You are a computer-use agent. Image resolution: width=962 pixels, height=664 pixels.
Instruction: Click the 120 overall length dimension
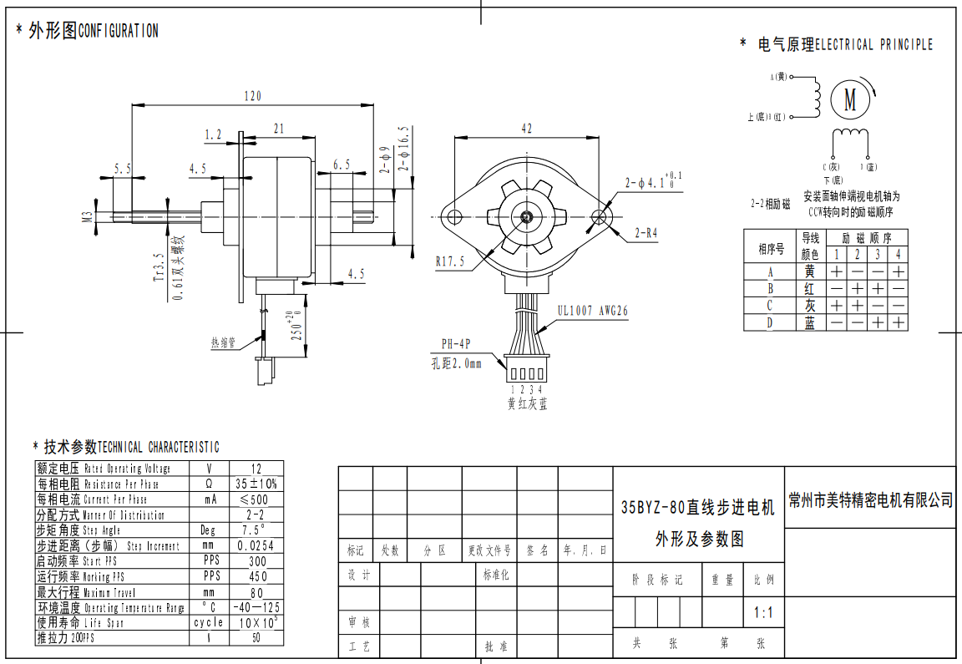tap(252, 96)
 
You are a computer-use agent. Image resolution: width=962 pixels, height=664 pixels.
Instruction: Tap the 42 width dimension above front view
tap(526, 129)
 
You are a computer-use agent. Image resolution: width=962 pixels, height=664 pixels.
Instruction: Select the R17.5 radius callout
tap(449, 261)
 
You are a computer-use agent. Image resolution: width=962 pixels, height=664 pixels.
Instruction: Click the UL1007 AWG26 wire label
tap(593, 311)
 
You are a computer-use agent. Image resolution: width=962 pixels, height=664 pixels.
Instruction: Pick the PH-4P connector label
tap(457, 344)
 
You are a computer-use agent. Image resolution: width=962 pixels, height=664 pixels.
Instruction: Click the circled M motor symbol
tap(850, 99)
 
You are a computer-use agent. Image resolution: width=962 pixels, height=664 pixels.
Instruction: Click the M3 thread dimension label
tap(87, 217)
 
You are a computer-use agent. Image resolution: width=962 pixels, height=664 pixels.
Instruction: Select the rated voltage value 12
tap(256, 469)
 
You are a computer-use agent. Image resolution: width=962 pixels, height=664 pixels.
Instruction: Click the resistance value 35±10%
tap(256, 484)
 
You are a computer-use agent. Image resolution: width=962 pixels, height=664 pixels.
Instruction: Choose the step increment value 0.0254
tap(256, 545)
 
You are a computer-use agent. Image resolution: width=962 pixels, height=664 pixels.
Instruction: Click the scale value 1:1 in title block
tap(763, 613)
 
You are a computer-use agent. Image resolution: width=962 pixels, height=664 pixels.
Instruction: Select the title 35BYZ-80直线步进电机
tap(698, 507)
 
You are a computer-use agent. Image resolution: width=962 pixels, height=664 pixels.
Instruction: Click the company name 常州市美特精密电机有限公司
tap(871, 500)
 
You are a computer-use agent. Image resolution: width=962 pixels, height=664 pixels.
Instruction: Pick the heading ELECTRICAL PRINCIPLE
tap(873, 44)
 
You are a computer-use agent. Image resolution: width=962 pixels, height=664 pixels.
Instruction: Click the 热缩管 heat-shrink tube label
tap(223, 342)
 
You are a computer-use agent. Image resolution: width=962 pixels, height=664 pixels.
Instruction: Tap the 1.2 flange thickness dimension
tap(213, 134)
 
